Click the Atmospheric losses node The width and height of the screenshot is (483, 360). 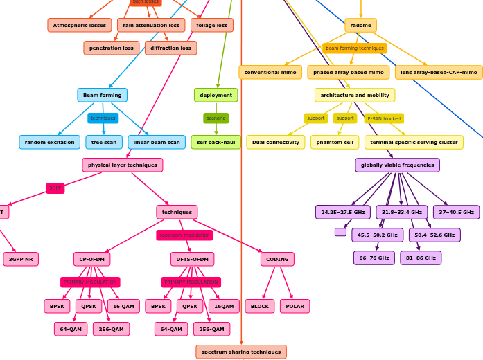point(80,26)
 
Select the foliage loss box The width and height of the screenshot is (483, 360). point(212,26)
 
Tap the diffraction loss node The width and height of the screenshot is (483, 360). point(170,48)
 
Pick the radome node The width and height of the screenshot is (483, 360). point(360,26)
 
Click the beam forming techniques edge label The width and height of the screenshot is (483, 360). point(355,48)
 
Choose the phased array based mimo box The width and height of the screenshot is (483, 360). point(348,72)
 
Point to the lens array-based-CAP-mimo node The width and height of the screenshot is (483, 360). point(439,72)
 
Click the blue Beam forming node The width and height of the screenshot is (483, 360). point(102,95)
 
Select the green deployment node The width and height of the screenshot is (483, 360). point(216,95)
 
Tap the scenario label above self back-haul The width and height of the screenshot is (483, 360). point(216,118)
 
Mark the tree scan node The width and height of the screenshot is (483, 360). point(104,142)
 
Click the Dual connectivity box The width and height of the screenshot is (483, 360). point(276,142)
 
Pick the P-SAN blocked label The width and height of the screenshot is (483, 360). point(384,118)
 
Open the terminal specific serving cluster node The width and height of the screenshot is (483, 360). point(414,142)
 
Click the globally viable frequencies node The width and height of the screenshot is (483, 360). point(397,165)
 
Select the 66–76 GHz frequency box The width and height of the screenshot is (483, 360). point(374,258)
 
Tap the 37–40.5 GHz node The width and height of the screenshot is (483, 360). point(456,212)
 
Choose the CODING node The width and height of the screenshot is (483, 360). point(277,259)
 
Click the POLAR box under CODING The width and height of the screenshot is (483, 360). point(295,306)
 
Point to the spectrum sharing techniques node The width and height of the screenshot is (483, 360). point(241,352)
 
